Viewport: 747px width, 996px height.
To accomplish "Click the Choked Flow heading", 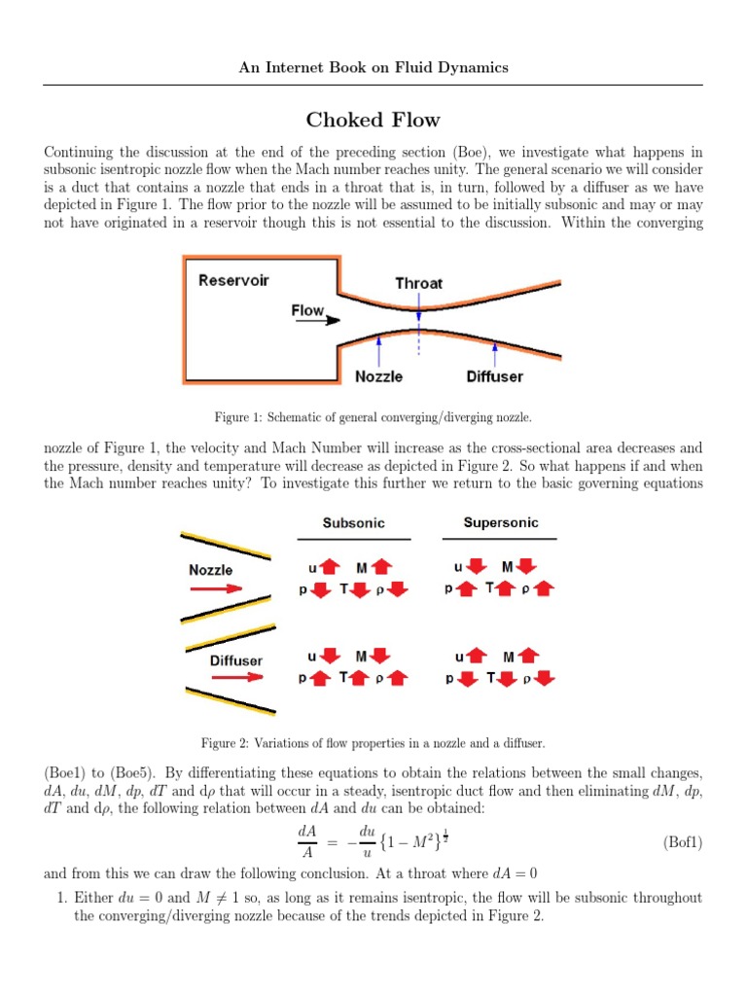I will point(373,121).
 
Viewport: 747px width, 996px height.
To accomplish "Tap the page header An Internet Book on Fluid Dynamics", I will point(373,67).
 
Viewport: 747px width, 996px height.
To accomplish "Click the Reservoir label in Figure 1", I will point(233,281).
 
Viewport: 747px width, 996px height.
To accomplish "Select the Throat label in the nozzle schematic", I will point(418,283).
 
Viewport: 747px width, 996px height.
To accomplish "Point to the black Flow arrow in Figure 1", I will point(310,320).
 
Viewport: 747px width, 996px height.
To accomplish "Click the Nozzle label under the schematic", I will point(379,376).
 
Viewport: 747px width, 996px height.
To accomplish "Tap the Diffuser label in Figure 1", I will point(494,376).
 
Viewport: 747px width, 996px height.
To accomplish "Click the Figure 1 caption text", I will point(373,417).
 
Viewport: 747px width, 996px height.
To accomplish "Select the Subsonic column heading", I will point(353,523).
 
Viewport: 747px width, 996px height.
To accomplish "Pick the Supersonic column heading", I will point(500,522).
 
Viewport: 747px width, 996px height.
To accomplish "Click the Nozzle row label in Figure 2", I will point(211,570).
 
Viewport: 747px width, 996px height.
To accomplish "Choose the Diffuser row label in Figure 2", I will point(236,660).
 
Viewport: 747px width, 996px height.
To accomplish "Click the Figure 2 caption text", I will point(373,744).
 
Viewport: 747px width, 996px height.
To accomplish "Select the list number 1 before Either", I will point(60,898).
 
